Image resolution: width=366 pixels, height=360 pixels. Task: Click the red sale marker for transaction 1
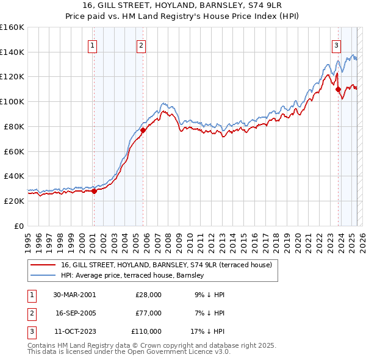click(x=94, y=191)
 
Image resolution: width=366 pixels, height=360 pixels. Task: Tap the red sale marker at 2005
click(x=143, y=130)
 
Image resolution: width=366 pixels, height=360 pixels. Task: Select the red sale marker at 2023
click(x=338, y=89)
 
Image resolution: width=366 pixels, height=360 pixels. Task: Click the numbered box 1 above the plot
click(x=92, y=45)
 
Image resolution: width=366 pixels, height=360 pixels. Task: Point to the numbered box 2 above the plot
click(x=141, y=45)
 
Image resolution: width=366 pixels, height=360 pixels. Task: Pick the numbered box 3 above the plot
click(x=336, y=45)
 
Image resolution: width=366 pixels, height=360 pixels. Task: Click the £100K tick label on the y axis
click(x=12, y=101)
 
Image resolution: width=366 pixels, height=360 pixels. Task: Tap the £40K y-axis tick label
click(x=14, y=176)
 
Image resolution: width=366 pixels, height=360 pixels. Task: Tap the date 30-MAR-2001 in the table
click(x=74, y=295)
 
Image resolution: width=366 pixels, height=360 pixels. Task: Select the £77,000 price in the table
click(x=148, y=313)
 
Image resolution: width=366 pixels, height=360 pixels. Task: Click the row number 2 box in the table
click(x=31, y=313)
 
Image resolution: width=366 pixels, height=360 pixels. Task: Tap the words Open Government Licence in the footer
click(x=175, y=352)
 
